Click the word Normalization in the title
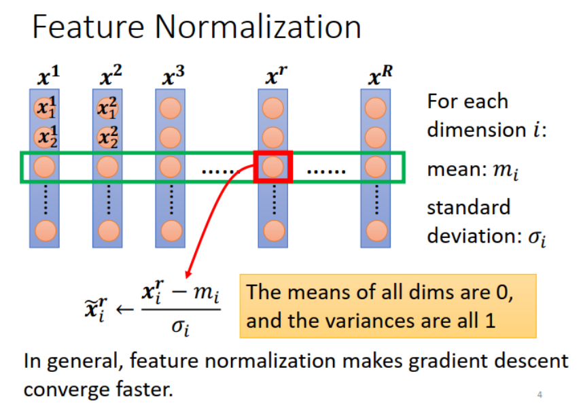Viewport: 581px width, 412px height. pos(258,27)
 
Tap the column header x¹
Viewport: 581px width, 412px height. pos(45,78)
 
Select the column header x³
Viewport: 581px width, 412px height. pos(173,78)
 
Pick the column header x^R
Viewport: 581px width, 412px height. pos(378,78)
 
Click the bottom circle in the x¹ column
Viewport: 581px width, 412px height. pos(44,230)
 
